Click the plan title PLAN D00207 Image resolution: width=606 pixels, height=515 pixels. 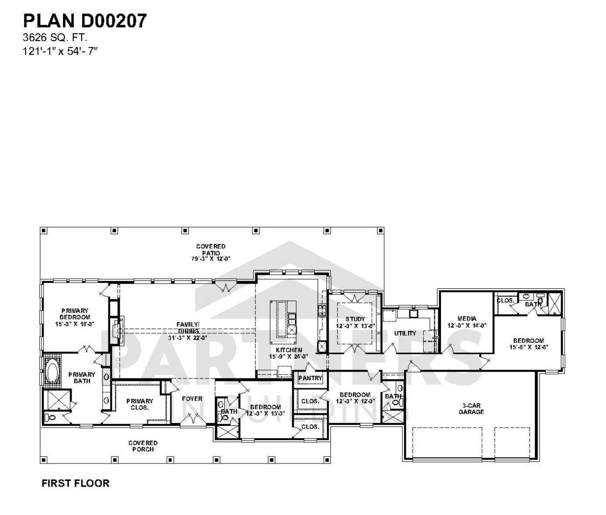pos(85,21)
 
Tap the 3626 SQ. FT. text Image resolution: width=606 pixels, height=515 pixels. pos(55,38)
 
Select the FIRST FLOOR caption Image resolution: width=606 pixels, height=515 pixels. pos(75,483)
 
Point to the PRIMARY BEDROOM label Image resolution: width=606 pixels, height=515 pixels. pos(75,314)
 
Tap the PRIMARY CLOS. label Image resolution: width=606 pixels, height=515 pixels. pos(140,404)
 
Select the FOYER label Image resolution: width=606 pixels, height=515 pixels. pos(192,398)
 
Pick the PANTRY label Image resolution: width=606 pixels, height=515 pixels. pos(310,378)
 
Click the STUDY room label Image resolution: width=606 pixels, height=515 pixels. pos(355,319)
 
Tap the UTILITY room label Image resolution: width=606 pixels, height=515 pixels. pos(405,333)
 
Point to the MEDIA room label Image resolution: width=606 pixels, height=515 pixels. pos(467,318)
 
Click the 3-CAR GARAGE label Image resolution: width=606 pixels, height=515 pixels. pos(471,409)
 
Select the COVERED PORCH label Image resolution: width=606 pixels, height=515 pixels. pos(143,446)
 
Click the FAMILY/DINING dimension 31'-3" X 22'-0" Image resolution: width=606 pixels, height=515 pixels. pos(187,337)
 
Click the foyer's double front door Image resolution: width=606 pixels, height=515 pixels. pos(193,420)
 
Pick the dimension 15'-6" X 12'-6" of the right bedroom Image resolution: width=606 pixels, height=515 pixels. pos(528,347)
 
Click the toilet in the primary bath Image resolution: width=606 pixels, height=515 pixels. pos(51,418)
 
